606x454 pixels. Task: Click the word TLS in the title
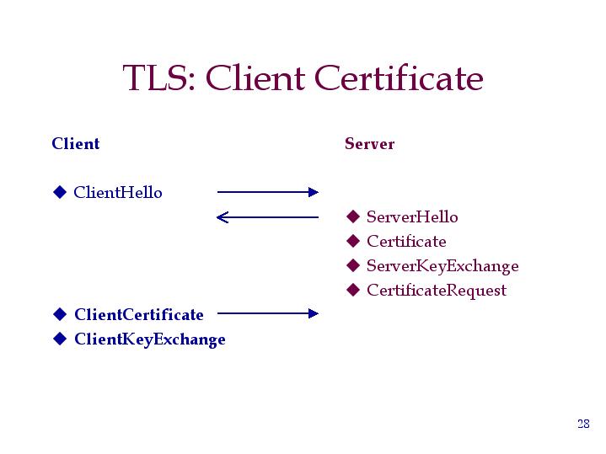159,77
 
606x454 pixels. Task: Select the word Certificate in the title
399,77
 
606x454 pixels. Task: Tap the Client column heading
76,143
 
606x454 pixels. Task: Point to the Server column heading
369,144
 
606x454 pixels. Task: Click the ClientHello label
118,192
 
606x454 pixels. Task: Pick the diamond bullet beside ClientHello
60,192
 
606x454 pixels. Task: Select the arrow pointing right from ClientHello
268,192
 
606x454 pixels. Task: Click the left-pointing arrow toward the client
267,217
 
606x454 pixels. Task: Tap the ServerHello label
412,216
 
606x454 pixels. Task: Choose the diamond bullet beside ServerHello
353,216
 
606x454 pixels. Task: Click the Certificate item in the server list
406,242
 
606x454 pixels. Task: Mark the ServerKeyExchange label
442,266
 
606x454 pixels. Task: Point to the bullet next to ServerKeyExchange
353,265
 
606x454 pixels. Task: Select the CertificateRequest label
437,291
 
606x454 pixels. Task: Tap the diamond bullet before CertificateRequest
353,290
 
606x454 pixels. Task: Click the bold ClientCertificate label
139,314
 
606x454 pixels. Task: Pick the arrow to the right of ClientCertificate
268,313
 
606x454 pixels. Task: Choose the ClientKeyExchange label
150,339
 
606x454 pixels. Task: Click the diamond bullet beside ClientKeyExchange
60,339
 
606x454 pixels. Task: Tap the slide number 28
583,424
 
